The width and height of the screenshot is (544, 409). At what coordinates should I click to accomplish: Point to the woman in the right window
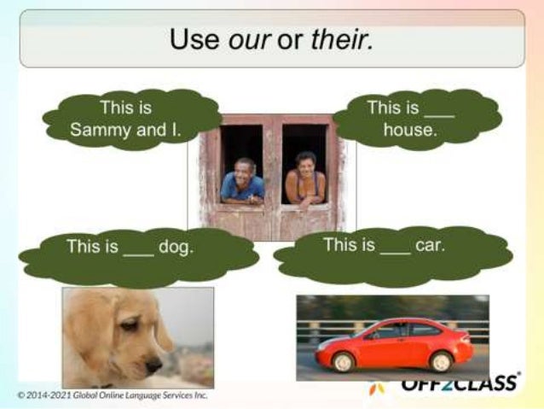pos(305,178)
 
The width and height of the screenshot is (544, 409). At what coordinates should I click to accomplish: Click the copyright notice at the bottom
pos(111,394)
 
